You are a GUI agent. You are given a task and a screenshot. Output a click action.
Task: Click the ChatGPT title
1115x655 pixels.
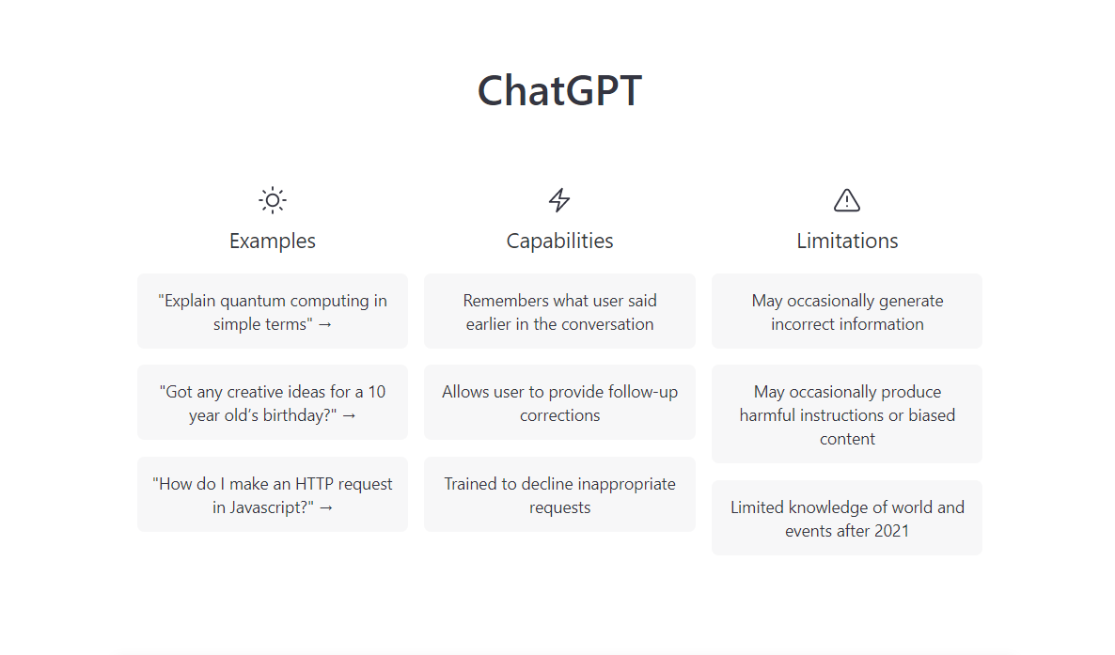[x=559, y=91]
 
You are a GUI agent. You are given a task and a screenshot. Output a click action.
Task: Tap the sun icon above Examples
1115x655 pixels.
[x=273, y=200]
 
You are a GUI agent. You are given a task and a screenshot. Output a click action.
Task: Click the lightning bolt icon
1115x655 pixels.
[x=559, y=200]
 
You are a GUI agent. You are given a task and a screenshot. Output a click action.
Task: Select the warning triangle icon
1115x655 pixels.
[x=847, y=200]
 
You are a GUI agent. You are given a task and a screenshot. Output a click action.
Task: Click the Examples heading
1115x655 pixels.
[x=273, y=242]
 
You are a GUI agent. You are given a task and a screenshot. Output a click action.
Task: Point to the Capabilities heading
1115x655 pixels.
[x=559, y=242]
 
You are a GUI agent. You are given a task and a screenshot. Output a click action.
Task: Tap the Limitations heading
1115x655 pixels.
[x=847, y=242]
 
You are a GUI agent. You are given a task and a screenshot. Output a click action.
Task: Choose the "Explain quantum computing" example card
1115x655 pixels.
[x=273, y=311]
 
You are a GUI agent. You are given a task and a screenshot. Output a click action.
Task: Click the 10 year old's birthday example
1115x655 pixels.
[x=273, y=402]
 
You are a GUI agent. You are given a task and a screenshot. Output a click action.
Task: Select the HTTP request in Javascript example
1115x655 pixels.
[x=273, y=494]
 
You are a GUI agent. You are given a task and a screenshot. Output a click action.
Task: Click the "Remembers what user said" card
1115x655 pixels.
[x=559, y=311]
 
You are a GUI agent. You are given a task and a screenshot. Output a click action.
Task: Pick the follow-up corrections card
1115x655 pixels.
[x=559, y=402]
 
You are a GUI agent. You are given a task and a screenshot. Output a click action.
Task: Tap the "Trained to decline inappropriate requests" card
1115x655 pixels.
[x=559, y=494]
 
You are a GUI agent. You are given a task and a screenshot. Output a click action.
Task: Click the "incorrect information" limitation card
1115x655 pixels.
[x=847, y=311]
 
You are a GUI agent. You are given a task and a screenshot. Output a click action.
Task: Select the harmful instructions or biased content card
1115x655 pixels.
[x=847, y=413]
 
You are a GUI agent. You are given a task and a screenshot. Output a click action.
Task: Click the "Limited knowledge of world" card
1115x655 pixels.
[x=847, y=518]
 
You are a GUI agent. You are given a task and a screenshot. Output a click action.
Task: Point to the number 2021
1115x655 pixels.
[x=891, y=531]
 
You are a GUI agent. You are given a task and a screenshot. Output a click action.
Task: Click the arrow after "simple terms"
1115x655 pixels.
[x=325, y=325]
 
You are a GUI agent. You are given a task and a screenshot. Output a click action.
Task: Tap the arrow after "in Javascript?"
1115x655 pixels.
[x=325, y=508]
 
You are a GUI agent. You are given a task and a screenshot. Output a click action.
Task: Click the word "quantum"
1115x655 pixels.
[x=253, y=302]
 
